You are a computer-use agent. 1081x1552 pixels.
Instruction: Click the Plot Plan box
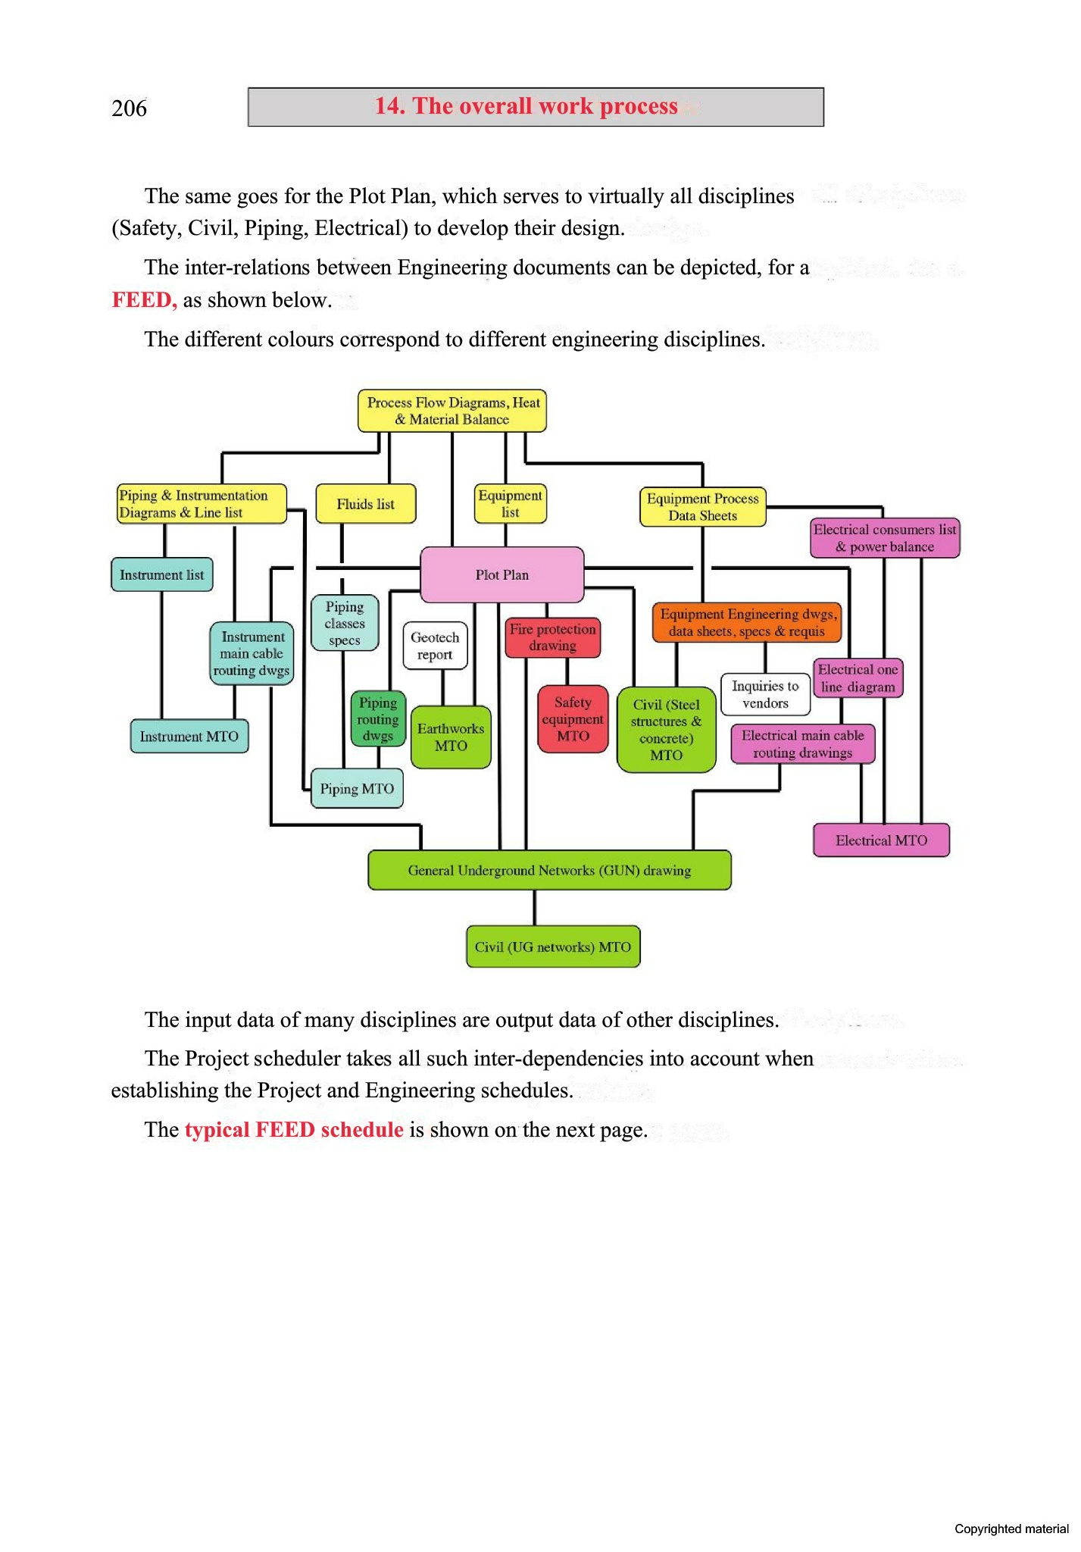click(501, 574)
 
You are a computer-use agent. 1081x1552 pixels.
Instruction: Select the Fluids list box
click(365, 504)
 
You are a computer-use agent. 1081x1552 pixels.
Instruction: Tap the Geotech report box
click(435, 646)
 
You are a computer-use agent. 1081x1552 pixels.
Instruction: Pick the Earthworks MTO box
click(451, 737)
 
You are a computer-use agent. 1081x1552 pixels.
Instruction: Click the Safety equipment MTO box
click(573, 718)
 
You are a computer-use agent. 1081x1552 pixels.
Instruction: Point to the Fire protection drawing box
click(552, 637)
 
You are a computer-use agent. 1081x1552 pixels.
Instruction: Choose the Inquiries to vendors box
click(765, 694)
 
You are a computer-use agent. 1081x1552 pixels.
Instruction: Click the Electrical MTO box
click(881, 840)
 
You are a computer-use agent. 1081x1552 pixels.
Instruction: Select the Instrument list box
click(162, 574)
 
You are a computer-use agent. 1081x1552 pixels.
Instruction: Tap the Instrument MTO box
click(189, 736)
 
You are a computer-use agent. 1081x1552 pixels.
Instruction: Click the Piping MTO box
click(357, 788)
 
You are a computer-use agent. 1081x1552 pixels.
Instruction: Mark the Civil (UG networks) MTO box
click(553, 947)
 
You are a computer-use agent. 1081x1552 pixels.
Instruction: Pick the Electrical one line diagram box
click(858, 678)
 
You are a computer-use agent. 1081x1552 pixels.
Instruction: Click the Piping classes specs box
click(345, 623)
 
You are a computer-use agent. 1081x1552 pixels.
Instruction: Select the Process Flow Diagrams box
click(452, 411)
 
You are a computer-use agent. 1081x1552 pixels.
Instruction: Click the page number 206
click(130, 108)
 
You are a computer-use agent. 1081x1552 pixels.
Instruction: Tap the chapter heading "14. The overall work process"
click(526, 106)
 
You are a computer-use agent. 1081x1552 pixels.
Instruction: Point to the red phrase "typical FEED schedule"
click(294, 1130)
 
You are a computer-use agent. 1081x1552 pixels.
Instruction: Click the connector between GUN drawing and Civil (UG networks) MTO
click(535, 907)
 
